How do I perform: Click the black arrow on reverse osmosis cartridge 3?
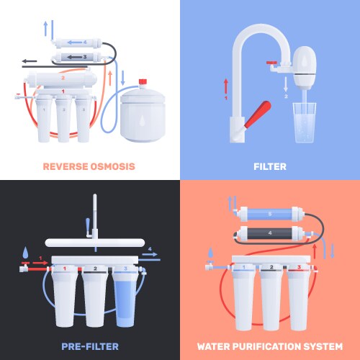tap(73, 56)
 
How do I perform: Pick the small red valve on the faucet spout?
tap(272, 66)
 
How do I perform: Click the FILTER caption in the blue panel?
tap(269, 166)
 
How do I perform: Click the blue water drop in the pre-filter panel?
tap(27, 253)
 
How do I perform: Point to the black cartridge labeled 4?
tap(269, 233)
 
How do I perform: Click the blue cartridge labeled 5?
tap(269, 213)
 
